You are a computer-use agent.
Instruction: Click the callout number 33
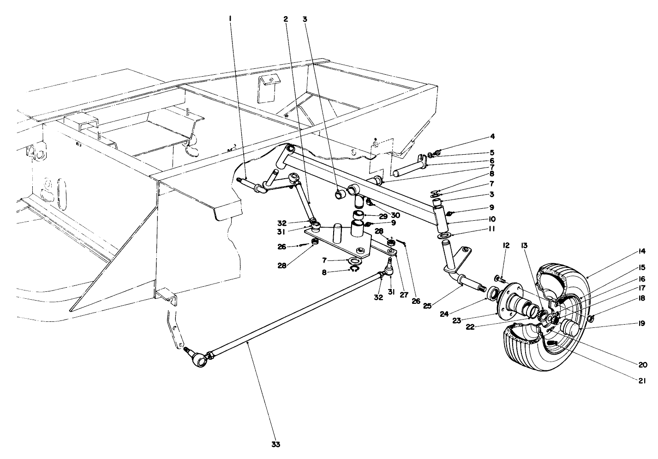pyautogui.click(x=275, y=445)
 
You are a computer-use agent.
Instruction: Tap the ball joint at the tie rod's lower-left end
pyautogui.click(x=200, y=359)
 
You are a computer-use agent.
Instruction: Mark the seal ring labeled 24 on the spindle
pyautogui.click(x=492, y=292)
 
